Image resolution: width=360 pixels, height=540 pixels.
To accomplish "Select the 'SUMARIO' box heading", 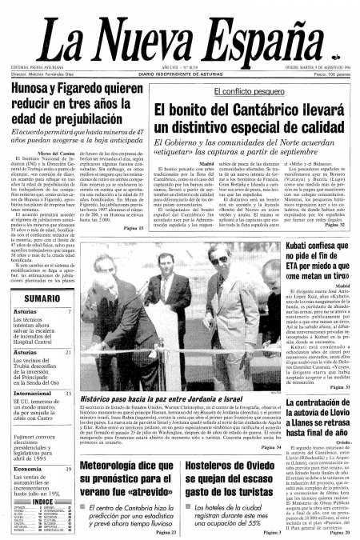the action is [30, 298].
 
